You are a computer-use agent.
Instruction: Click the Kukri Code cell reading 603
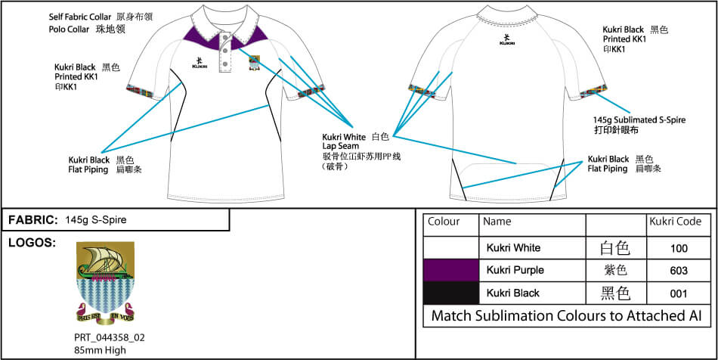678,270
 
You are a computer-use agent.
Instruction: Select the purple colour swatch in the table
450,270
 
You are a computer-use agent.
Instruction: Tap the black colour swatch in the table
450,293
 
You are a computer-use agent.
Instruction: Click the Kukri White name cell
513,248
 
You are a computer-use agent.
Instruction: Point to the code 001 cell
678,293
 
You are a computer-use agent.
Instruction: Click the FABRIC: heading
33,220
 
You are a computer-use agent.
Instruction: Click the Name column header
497,222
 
